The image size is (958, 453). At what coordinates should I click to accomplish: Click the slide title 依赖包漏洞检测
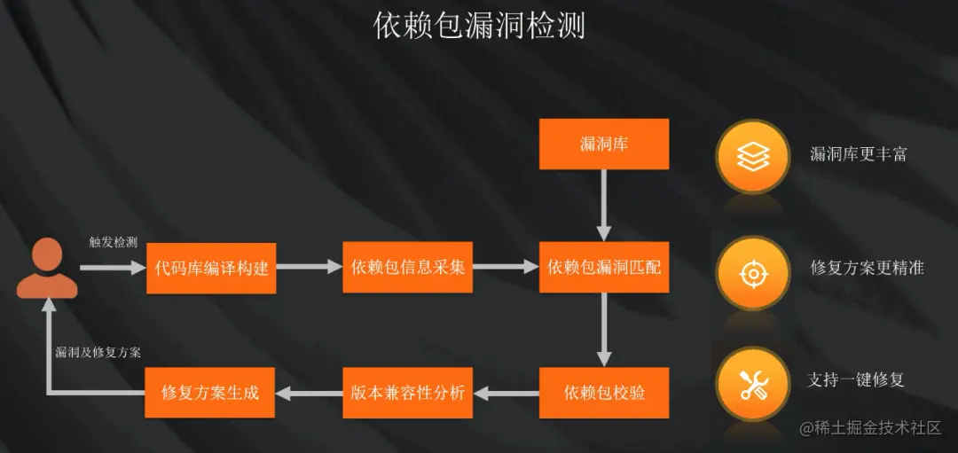479,26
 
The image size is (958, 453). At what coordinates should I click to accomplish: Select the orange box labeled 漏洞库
604,144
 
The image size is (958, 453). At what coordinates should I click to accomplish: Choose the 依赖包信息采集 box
408,267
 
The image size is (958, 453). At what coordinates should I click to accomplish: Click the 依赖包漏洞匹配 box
604,267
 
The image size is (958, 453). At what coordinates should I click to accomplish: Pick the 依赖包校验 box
604,392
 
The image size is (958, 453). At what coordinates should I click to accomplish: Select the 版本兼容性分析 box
408,392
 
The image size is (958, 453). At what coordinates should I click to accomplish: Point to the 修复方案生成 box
210,392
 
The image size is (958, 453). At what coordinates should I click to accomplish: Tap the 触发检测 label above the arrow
113,242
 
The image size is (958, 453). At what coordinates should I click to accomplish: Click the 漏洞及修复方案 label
98,352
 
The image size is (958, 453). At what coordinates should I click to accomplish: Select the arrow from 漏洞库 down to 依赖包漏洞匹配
604,205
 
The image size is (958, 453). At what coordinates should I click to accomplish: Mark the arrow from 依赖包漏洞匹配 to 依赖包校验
604,329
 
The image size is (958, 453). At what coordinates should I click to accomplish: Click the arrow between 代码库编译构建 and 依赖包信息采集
309,267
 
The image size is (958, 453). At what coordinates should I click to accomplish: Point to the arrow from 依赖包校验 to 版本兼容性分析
506,392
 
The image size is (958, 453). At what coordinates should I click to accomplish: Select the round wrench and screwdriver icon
753,383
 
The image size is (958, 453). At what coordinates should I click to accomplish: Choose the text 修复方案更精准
867,267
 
